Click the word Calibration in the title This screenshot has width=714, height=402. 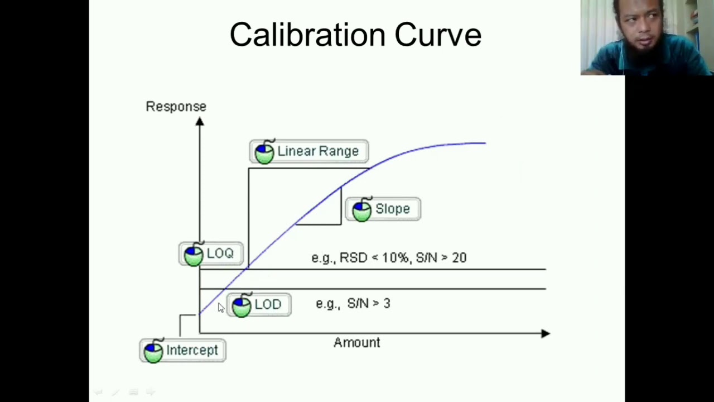(307, 35)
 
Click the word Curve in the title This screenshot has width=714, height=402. (438, 35)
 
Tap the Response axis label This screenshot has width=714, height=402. (176, 107)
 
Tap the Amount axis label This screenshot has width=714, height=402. (356, 343)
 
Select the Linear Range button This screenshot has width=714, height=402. (309, 151)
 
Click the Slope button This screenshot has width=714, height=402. (383, 209)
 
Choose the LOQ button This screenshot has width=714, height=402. (211, 253)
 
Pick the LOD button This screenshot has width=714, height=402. (259, 305)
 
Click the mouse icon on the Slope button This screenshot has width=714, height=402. (362, 209)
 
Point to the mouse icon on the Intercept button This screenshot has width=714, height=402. (153, 351)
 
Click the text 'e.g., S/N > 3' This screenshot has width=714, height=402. (353, 303)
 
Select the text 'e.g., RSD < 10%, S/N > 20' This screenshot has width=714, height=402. (389, 258)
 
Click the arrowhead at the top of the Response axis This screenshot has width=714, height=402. (200, 122)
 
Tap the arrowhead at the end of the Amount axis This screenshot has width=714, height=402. (546, 333)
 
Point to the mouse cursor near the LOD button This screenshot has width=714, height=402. (221, 308)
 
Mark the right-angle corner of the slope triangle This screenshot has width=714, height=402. (341, 224)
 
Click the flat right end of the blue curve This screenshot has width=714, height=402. (485, 143)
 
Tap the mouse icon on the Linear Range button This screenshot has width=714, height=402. (264, 151)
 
